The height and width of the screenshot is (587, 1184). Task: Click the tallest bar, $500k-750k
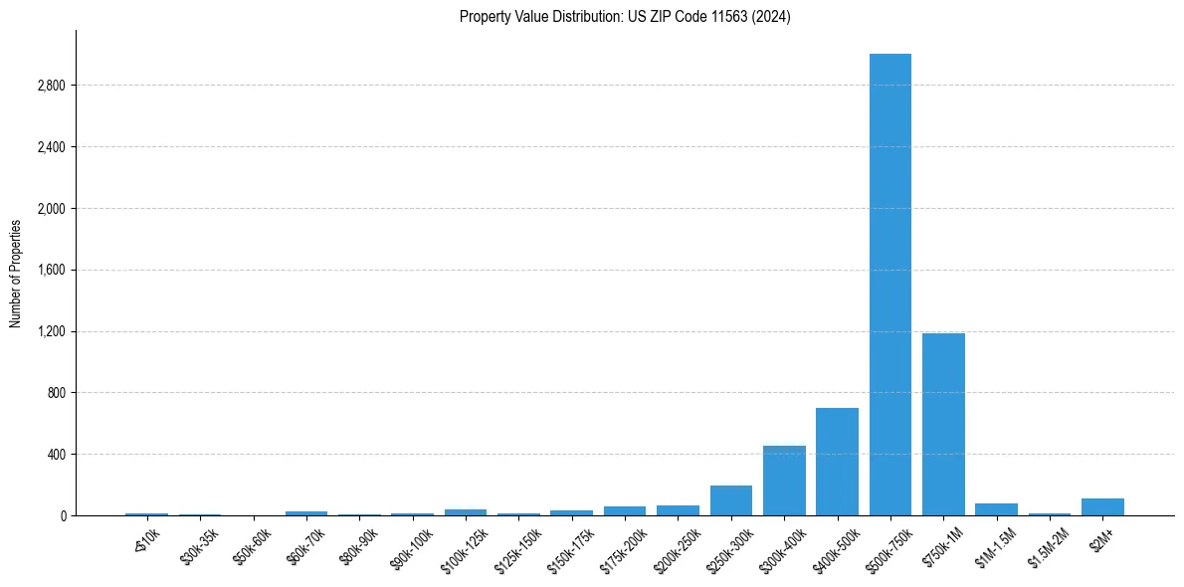[x=889, y=285]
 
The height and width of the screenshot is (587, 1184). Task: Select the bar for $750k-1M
[x=943, y=425]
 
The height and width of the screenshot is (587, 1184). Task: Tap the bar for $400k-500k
[x=837, y=462]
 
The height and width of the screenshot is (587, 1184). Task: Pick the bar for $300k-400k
[x=784, y=481]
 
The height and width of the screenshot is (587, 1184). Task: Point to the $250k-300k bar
[x=730, y=500]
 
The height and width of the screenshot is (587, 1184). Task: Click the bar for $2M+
[x=1102, y=507]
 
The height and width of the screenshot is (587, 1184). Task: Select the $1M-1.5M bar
[x=996, y=509]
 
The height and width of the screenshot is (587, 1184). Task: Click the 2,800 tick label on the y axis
[x=51, y=86]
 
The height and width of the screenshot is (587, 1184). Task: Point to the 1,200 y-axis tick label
[x=51, y=331]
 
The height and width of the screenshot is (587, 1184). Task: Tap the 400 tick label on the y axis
[x=56, y=455]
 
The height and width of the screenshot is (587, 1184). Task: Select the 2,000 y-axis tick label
[x=51, y=209]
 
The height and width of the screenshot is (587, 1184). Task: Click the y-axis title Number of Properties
[x=16, y=274]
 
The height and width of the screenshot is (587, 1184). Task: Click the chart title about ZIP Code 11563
[x=625, y=17]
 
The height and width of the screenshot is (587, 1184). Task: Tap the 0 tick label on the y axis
[x=62, y=516]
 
